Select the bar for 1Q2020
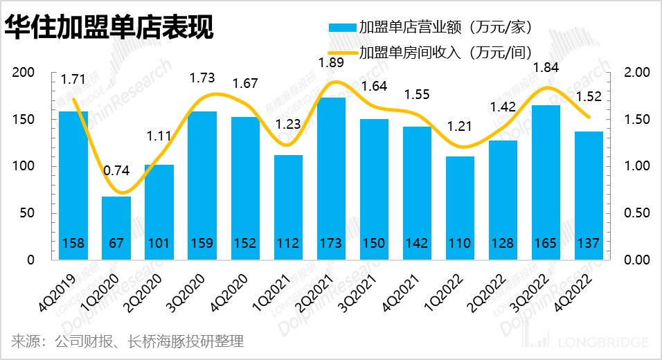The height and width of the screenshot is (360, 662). point(116,228)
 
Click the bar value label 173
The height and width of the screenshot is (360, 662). point(332,244)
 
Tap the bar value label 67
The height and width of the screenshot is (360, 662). point(116,244)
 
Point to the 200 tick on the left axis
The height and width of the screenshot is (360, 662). point(24,73)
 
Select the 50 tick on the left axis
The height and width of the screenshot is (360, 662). point(28,213)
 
